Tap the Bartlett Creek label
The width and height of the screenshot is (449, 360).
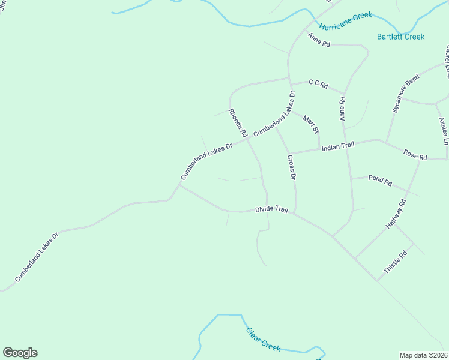[x=400, y=37]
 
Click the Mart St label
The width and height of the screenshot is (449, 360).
[x=310, y=125]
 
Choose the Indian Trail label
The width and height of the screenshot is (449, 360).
[x=338, y=146]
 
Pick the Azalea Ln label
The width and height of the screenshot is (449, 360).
[x=443, y=132]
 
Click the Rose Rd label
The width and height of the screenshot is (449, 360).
[x=415, y=157]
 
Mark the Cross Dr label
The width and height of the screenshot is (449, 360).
[x=292, y=168]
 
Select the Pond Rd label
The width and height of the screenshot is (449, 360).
[x=380, y=179]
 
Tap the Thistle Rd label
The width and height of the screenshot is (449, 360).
[x=395, y=263]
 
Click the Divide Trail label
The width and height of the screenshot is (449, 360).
[x=271, y=209]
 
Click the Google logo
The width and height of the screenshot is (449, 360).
[x=20, y=353]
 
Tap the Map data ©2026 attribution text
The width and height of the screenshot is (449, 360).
[x=424, y=355]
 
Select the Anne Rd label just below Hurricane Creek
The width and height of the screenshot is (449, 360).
[x=319, y=40]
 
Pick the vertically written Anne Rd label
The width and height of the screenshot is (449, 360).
[x=342, y=109]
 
